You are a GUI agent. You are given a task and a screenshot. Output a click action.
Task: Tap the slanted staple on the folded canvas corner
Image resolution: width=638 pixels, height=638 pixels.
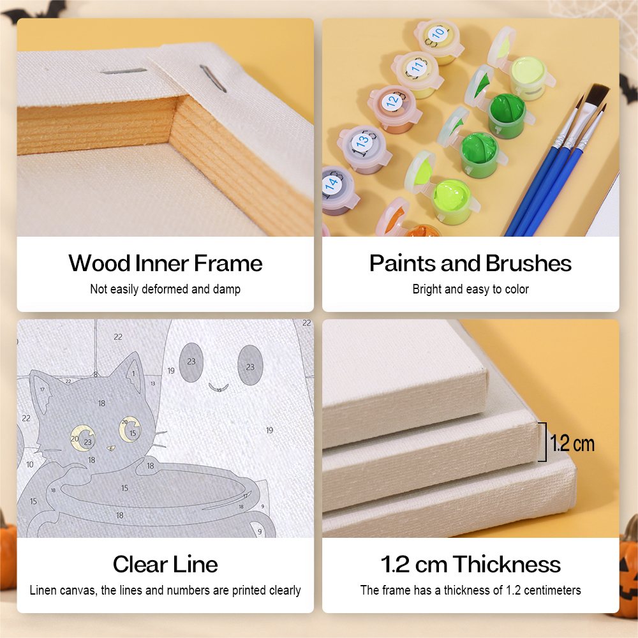(x=213, y=78)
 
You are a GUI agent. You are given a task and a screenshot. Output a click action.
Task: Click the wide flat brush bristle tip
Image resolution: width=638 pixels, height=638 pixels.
(x=597, y=94)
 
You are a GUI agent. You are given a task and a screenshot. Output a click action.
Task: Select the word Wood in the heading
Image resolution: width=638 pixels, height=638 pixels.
(x=100, y=263)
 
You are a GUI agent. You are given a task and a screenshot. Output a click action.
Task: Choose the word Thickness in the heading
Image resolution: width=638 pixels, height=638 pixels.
(x=507, y=565)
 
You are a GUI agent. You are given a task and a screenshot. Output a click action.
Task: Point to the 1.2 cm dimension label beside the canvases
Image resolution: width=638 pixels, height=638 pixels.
(x=572, y=443)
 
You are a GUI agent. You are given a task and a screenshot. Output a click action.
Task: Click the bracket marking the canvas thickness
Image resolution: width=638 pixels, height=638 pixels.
(x=545, y=442)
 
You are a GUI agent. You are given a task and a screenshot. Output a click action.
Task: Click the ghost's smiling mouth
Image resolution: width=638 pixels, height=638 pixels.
(x=218, y=388)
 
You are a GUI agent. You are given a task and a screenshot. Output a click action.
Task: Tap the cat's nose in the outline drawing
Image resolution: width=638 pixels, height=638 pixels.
(x=111, y=449)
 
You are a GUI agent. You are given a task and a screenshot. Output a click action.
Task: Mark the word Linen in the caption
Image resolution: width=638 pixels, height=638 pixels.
(x=43, y=590)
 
